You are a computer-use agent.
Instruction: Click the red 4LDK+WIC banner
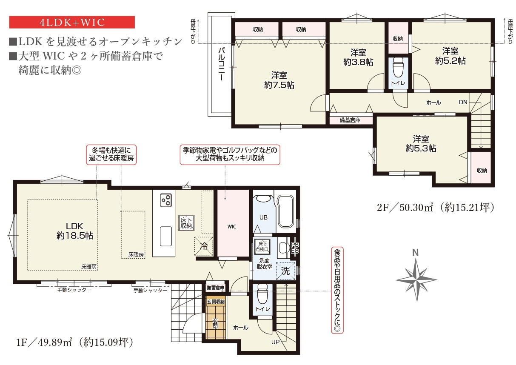click(72, 22)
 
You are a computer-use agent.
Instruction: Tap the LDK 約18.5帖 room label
click(74, 231)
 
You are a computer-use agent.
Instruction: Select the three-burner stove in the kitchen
click(166, 200)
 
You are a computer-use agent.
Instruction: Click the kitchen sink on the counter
click(166, 237)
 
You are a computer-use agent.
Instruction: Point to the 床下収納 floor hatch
click(186, 223)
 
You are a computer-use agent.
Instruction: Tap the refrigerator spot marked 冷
click(204, 246)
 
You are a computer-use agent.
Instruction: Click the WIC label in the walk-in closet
click(232, 226)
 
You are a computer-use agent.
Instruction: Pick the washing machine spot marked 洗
click(285, 271)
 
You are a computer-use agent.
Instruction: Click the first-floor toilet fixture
click(262, 294)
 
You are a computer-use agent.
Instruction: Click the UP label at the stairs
click(276, 342)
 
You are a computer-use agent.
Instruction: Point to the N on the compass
click(415, 253)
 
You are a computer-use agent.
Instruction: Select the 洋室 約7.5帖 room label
click(279, 80)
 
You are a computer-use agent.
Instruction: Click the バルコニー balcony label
click(222, 64)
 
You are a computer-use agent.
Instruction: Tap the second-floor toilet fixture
click(398, 67)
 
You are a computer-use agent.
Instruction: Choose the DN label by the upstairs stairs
click(463, 102)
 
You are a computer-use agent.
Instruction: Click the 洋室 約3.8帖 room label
click(358, 57)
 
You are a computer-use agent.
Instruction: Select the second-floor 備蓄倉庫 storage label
click(350, 120)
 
